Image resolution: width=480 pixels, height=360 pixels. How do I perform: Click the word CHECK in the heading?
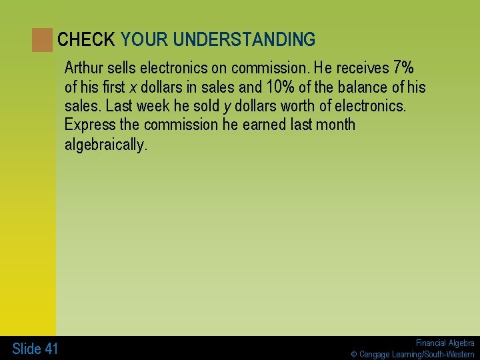click(86, 40)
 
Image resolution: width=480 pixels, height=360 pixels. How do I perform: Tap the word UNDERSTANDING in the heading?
click(244, 40)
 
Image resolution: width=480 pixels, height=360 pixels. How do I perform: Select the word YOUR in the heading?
click(144, 40)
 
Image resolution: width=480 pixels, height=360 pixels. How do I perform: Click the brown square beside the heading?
click(42, 40)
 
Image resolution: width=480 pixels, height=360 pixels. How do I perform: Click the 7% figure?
click(403, 68)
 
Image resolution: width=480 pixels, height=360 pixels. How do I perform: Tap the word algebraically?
click(105, 145)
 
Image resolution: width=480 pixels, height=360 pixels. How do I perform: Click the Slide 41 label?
click(35, 348)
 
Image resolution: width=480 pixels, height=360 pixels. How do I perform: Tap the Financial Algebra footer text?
click(445, 343)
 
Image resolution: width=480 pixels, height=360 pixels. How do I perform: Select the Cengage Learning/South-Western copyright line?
click(413, 354)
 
